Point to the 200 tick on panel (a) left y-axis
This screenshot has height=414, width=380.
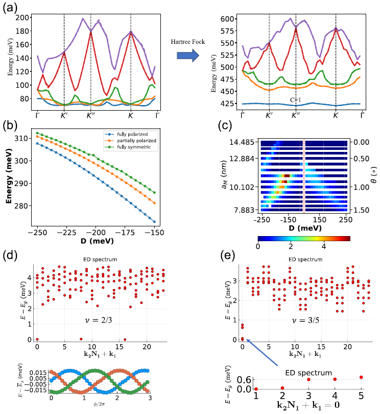pyautogui.click(x=21, y=17)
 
